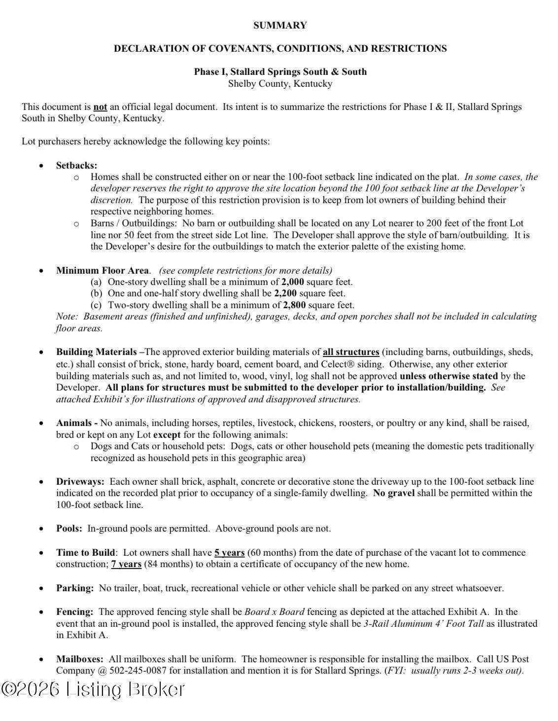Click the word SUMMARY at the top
click(x=280, y=25)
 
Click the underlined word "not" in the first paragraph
click(x=100, y=107)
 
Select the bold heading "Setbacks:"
click(x=76, y=165)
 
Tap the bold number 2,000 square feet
click(x=292, y=282)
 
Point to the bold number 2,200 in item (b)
click(x=285, y=293)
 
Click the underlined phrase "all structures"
click(x=351, y=352)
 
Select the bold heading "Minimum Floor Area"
click(x=102, y=270)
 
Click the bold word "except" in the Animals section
click(x=167, y=435)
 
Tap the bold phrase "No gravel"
click(x=394, y=493)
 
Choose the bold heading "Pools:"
click(x=69, y=529)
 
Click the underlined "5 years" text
click(x=229, y=553)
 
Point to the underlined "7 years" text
click(x=126, y=564)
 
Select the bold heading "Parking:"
click(x=74, y=588)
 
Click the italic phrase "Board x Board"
click(x=274, y=612)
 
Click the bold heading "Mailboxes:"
click(x=80, y=659)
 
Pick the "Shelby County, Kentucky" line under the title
click(x=280, y=84)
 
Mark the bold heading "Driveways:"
click(x=80, y=481)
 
